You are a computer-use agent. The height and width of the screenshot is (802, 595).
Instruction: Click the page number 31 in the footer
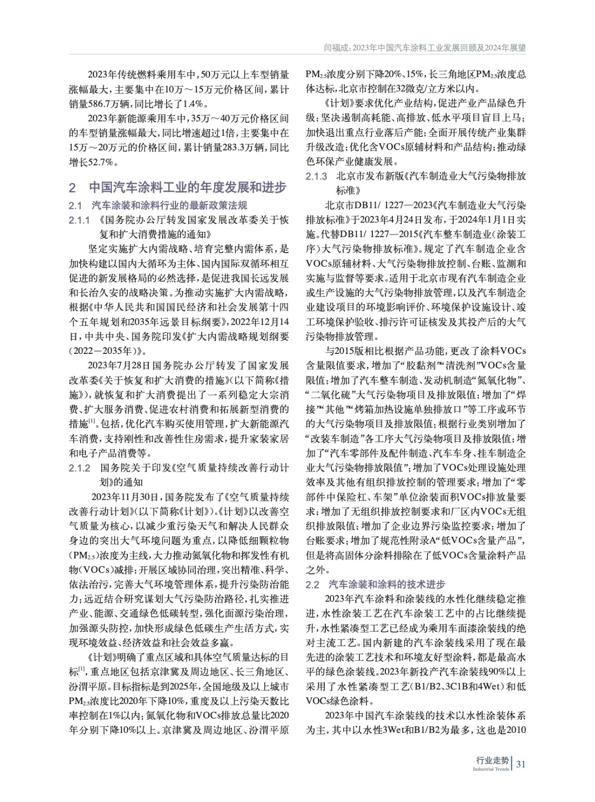[x=521, y=764]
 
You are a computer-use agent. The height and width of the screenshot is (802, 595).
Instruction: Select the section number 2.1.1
[x=79, y=220]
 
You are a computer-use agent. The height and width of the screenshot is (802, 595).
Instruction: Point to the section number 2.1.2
[x=79, y=468]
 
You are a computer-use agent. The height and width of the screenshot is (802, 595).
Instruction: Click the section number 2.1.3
[x=316, y=176]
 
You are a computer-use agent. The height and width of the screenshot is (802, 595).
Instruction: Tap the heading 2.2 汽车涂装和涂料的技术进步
[x=375, y=584]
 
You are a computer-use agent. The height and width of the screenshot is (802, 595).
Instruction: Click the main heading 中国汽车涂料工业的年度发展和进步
[x=187, y=187]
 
